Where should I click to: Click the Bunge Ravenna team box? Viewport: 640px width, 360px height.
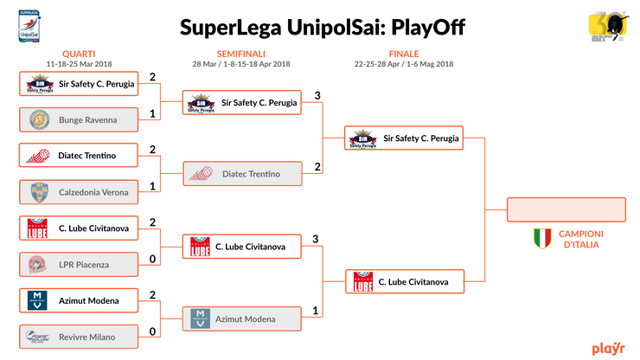tap(78, 119)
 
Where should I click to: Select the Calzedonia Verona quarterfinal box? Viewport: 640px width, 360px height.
tap(78, 192)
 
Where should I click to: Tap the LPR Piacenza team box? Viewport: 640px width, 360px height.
tap(78, 263)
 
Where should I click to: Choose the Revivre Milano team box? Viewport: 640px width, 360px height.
tap(78, 336)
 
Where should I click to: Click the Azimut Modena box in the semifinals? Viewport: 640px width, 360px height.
tap(241, 319)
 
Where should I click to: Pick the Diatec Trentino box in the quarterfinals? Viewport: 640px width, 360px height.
tap(78, 156)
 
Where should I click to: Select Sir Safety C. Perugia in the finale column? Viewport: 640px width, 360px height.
tap(405, 138)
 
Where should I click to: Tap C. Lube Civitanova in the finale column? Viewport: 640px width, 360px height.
tap(405, 282)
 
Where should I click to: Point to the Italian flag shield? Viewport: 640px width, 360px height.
tap(542, 238)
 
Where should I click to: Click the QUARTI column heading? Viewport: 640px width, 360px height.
tap(79, 53)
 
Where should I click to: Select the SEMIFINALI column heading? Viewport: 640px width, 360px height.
tap(241, 53)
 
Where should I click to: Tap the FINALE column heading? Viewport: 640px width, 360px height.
tap(404, 53)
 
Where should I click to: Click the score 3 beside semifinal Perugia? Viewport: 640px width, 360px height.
tap(317, 95)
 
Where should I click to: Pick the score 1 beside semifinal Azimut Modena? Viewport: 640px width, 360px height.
tap(317, 312)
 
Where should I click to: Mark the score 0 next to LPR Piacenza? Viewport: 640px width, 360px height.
tap(152, 258)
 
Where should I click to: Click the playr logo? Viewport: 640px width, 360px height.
tap(608, 349)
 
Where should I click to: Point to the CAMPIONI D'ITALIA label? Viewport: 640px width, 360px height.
tap(581, 239)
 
